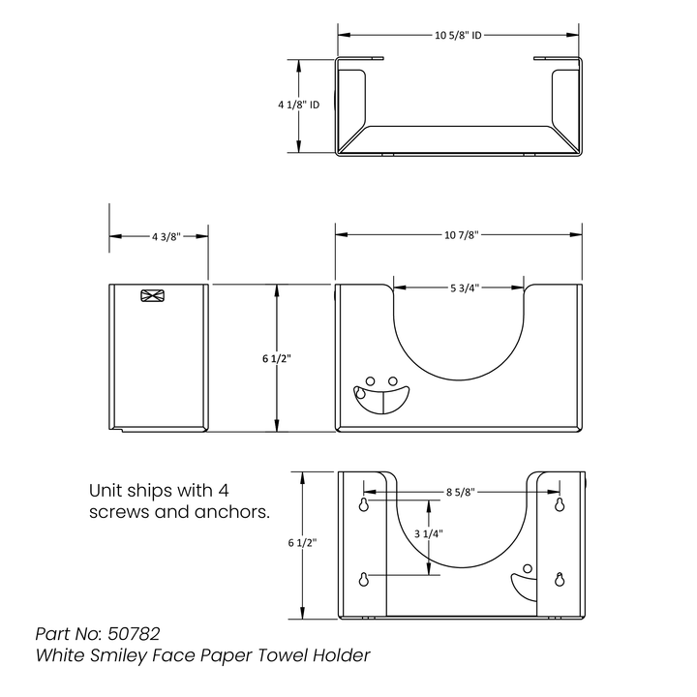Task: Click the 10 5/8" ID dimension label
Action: coord(458,35)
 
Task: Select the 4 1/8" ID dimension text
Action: coord(299,105)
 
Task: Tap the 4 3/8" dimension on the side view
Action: coord(167,237)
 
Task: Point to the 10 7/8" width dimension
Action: coord(461,234)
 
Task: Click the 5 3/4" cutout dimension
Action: coord(465,288)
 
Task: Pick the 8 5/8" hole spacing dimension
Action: coord(461,492)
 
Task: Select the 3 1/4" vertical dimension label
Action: coord(429,533)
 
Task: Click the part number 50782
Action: coord(134,634)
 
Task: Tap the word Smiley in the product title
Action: coord(118,655)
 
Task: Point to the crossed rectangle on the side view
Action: coord(153,295)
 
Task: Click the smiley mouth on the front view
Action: coord(381,400)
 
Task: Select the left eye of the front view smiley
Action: coord(370,381)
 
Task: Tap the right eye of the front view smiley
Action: coord(392,381)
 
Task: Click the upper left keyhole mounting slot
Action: coord(364,504)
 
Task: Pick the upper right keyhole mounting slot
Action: coord(560,504)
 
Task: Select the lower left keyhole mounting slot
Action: coord(364,579)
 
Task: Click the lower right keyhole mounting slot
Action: coord(560,579)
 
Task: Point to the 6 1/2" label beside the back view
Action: coord(302,543)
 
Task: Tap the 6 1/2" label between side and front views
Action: coord(277,359)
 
